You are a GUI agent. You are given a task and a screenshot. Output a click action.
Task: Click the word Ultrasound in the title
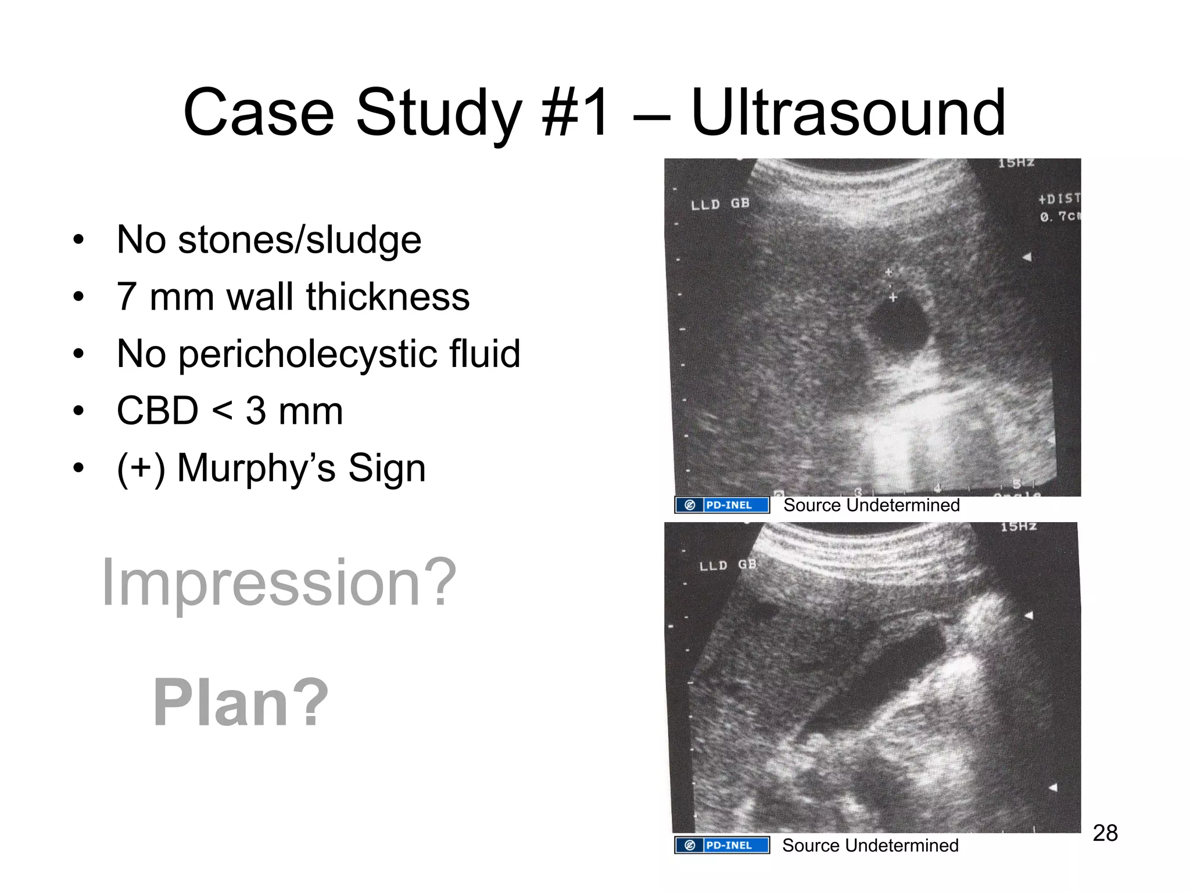pyautogui.click(x=848, y=113)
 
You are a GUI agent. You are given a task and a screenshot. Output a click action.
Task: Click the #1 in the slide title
pyautogui.click(x=575, y=113)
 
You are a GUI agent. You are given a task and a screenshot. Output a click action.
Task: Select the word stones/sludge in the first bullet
pyautogui.click(x=299, y=240)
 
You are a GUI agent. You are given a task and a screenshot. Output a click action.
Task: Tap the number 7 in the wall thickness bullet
pyautogui.click(x=127, y=297)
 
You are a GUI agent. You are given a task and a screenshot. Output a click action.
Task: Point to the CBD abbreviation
pyautogui.click(x=157, y=411)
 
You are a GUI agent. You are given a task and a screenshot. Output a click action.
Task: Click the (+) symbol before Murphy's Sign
pyautogui.click(x=141, y=467)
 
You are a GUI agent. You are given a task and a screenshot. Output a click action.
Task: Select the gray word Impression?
pyautogui.click(x=279, y=582)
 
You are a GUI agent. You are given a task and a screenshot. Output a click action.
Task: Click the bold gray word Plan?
pyautogui.click(x=241, y=703)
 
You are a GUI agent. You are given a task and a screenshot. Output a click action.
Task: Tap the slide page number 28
pyautogui.click(x=1105, y=833)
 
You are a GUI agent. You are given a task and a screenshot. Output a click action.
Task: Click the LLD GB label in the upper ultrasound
pyautogui.click(x=720, y=204)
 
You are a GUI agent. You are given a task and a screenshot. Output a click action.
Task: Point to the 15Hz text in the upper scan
pyautogui.click(x=1016, y=163)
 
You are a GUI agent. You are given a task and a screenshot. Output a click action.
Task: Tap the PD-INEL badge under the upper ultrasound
pyautogui.click(x=722, y=505)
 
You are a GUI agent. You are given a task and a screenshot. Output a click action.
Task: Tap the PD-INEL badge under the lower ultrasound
pyautogui.click(x=722, y=845)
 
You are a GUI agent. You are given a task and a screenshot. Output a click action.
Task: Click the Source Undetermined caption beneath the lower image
pyautogui.click(x=870, y=846)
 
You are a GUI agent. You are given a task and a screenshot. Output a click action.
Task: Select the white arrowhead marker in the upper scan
pyautogui.click(x=1027, y=257)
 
